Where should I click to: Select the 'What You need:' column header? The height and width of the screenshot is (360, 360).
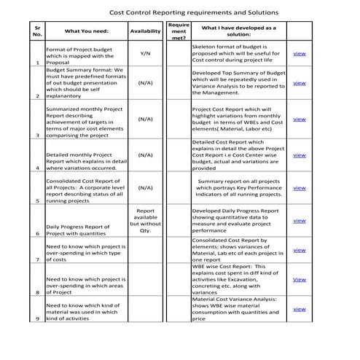(86, 31)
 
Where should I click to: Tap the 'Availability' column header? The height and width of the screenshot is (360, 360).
(144, 31)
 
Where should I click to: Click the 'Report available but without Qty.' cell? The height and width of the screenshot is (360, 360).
(144, 220)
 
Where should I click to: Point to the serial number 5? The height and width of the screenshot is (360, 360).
(36, 200)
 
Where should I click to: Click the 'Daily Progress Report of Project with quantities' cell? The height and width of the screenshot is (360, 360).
(77, 230)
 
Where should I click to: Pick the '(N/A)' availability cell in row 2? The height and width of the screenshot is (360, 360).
(144, 83)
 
